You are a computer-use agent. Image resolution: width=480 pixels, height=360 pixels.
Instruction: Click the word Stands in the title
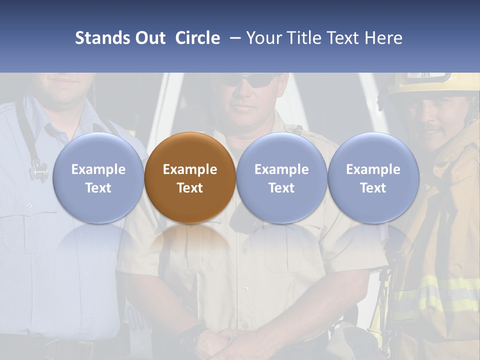[99, 38]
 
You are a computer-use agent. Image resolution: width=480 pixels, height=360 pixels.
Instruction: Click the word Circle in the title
[197, 38]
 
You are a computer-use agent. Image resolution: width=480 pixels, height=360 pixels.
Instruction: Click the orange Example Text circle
[190, 178]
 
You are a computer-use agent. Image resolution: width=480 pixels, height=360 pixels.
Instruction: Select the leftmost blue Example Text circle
[98, 178]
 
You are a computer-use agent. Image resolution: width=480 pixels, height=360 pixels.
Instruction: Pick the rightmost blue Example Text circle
[373, 178]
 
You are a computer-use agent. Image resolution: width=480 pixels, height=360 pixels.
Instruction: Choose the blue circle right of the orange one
[281, 178]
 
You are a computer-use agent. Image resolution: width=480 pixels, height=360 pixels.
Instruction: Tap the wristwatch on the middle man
[192, 336]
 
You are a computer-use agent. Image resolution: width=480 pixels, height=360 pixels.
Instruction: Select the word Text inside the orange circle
[190, 188]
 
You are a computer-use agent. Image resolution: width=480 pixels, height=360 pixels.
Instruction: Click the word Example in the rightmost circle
[373, 169]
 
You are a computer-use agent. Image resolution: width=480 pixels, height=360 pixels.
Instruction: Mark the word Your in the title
[263, 38]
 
